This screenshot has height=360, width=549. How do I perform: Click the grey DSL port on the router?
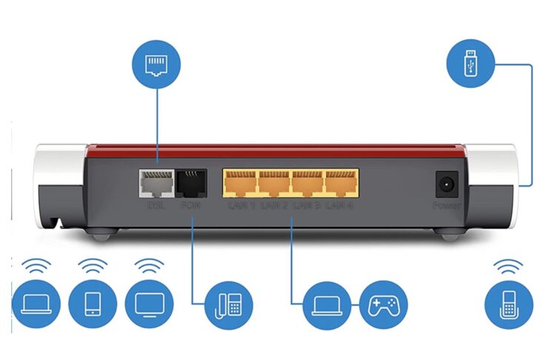(156, 182)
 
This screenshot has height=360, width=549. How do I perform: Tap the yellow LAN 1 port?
(240, 182)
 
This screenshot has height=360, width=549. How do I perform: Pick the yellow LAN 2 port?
(273, 182)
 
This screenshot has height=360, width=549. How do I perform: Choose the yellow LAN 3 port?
(307, 182)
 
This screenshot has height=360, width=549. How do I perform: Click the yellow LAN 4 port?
(340, 182)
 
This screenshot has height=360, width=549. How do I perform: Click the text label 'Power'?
(446, 204)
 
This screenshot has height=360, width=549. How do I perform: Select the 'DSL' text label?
(156, 204)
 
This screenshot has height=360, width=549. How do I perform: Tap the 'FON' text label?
(190, 204)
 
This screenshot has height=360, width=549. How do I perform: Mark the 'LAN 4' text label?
(340, 204)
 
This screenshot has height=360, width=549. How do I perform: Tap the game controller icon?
(383, 304)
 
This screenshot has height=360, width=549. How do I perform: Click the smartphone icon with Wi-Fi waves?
(93, 304)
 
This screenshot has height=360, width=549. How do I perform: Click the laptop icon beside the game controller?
(327, 304)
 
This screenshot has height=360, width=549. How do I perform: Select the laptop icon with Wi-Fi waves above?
(36, 304)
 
